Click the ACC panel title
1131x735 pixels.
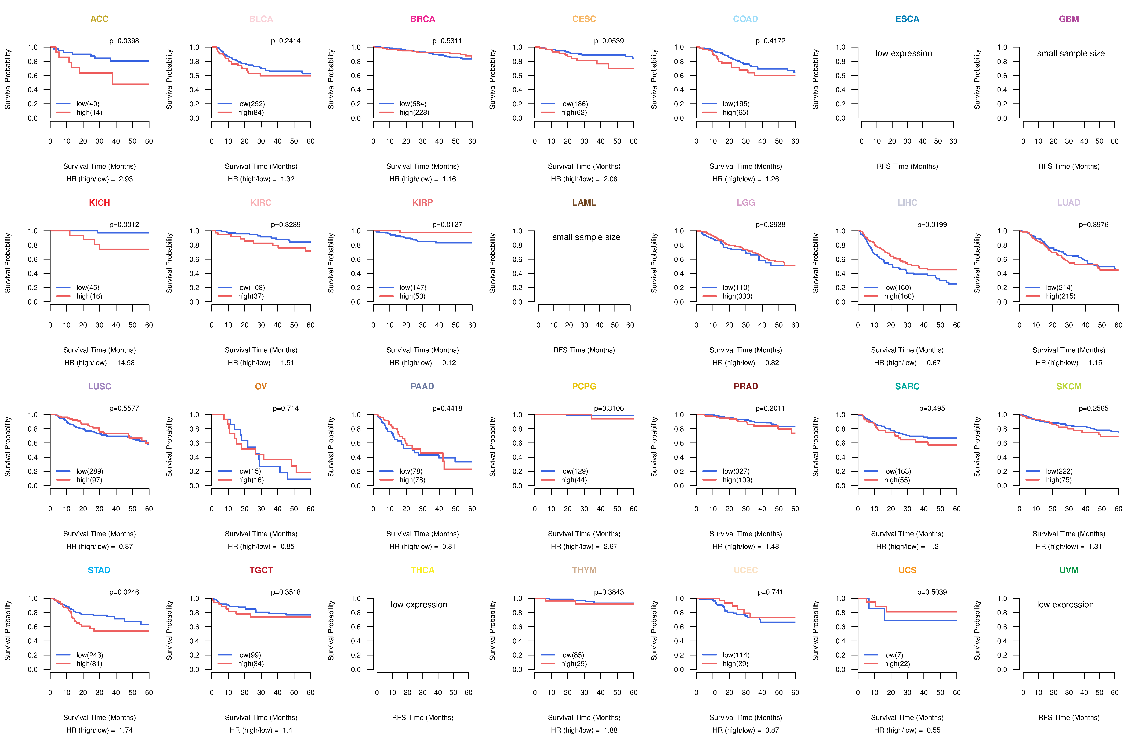pos(99,19)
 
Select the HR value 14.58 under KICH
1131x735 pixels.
pos(126,363)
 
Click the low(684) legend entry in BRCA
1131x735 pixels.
pos(413,104)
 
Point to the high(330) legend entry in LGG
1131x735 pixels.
pos(738,296)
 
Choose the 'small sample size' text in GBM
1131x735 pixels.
pos(1071,53)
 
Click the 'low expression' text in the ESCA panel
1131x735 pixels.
pos(904,53)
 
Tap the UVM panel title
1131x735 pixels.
pos(1069,570)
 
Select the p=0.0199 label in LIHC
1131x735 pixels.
pos(932,225)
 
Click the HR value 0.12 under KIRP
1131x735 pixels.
pos(449,363)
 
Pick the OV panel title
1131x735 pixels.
pos(261,386)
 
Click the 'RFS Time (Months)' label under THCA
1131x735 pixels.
pos(422,717)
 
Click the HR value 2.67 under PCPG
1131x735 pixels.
pos(611,546)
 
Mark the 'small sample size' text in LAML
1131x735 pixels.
pos(586,237)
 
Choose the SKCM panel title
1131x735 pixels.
pos(1069,386)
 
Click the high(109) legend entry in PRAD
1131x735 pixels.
pos(738,480)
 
